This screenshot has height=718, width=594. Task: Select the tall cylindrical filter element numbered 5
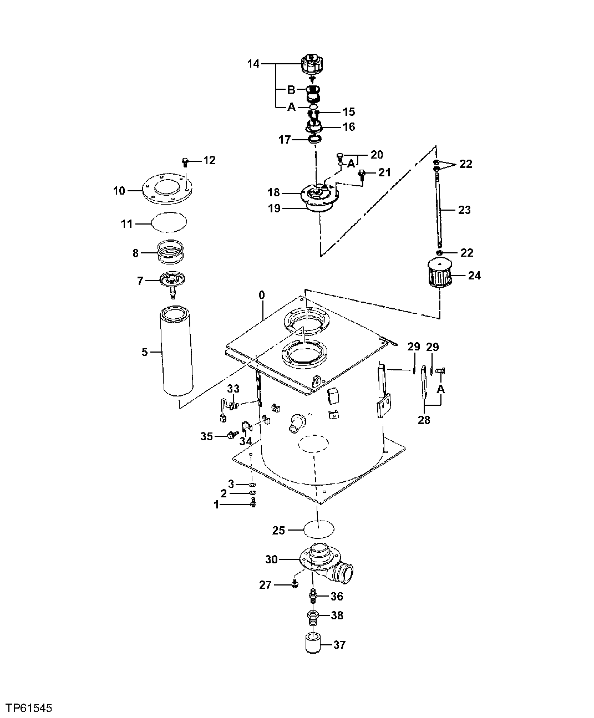[x=176, y=352]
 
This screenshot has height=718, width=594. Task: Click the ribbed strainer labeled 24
[x=440, y=275]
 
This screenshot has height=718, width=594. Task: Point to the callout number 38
[x=337, y=615]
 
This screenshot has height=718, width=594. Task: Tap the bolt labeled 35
[x=230, y=436]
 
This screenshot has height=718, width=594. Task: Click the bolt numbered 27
[x=295, y=583]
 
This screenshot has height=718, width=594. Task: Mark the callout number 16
[x=348, y=127]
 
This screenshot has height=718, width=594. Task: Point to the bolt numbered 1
[x=253, y=503]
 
